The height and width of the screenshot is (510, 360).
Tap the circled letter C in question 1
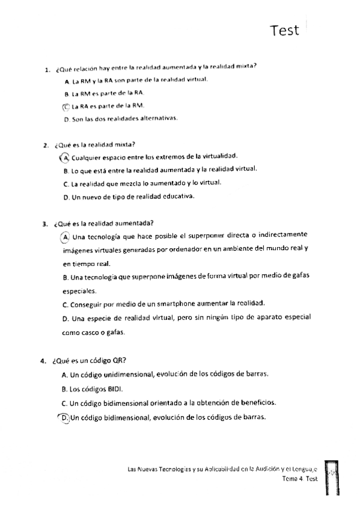(66, 106)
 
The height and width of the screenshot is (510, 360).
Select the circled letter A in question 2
(65, 158)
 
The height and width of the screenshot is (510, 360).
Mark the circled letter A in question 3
(66, 236)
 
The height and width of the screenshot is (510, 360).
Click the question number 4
(43, 361)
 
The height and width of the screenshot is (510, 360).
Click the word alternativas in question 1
(157, 118)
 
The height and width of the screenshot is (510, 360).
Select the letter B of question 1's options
(66, 94)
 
